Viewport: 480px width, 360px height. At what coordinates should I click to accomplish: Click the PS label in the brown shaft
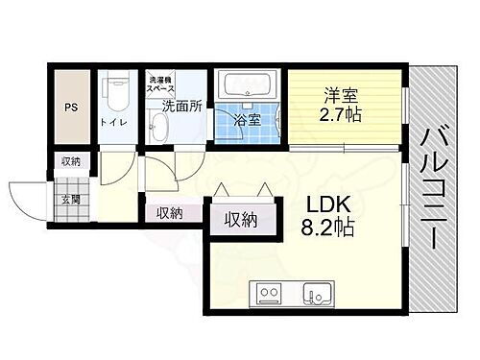pos(70,108)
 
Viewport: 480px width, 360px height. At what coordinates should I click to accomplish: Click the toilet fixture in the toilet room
pos(115,93)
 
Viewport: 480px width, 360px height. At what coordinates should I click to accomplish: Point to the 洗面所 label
pos(180,107)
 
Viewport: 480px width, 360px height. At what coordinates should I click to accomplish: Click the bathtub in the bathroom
pos(246,87)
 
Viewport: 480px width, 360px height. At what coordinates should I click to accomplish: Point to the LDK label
pos(324,204)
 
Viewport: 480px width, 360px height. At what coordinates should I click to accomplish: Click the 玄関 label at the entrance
pos(71,200)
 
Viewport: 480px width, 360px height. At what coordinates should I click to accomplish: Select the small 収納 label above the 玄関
pos(71,161)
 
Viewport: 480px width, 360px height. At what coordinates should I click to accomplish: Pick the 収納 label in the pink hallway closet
pos(170,213)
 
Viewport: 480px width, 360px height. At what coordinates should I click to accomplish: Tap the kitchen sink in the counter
pos(315,293)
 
